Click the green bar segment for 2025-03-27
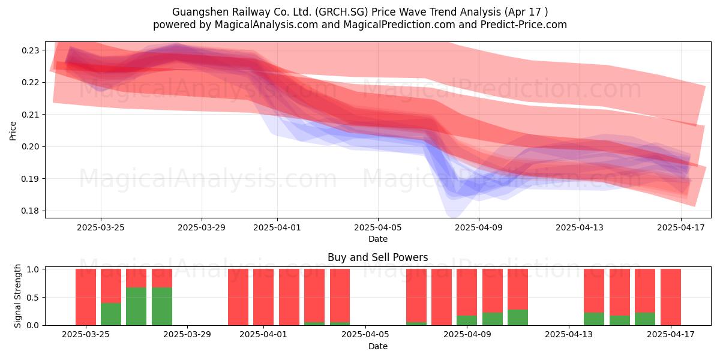pyautogui.click(x=136, y=307)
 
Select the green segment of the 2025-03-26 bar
pyautogui.click(x=111, y=314)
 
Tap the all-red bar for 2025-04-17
pyautogui.click(x=671, y=297)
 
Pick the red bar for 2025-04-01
pyautogui.click(x=263, y=297)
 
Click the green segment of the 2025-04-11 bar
pyautogui.click(x=518, y=317)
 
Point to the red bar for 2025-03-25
pyautogui.click(x=85, y=297)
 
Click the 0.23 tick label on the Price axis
pyautogui.click(x=30, y=50)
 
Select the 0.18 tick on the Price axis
pyautogui.click(x=30, y=211)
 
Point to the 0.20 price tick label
pyautogui.click(x=30, y=146)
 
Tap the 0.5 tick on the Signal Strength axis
pyautogui.click(x=33, y=298)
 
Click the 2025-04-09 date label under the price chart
pyautogui.click(x=479, y=227)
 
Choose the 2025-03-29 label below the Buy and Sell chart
pyautogui.click(x=187, y=334)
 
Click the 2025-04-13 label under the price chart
pyautogui.click(x=580, y=227)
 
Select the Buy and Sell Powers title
pyautogui.click(x=377, y=257)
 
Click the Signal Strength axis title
pyautogui.click(x=17, y=296)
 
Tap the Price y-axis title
pyautogui.click(x=13, y=131)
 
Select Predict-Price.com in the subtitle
pyautogui.click(x=524, y=25)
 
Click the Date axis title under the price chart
pyautogui.click(x=377, y=239)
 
